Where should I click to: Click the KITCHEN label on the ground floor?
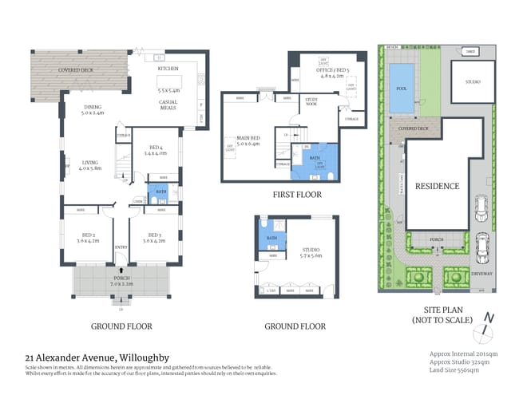point(168,69)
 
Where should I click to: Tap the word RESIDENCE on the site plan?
point(437,186)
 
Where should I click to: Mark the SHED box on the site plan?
point(471,52)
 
